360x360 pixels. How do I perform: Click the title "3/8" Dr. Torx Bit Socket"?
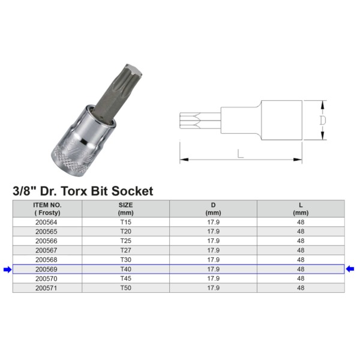(83, 191)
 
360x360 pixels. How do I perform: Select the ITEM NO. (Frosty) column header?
(47, 208)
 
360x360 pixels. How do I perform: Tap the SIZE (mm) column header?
(125, 208)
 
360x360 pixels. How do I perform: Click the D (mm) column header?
(213, 208)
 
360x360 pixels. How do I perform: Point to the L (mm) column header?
(301, 208)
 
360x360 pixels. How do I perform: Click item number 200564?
(47, 222)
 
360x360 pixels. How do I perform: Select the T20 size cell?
(125, 232)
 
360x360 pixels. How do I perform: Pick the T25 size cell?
(125, 241)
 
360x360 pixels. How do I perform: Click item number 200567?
(47, 250)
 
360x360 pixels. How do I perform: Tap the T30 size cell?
(125, 260)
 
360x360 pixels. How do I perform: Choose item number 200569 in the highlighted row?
(47, 269)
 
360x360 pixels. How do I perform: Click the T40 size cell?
(125, 269)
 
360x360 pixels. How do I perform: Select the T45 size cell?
(125, 278)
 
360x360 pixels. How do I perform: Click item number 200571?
(47, 288)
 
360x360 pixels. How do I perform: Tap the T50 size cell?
(125, 288)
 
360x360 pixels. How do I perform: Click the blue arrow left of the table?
(7, 269)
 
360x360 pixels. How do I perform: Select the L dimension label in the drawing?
(240, 154)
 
